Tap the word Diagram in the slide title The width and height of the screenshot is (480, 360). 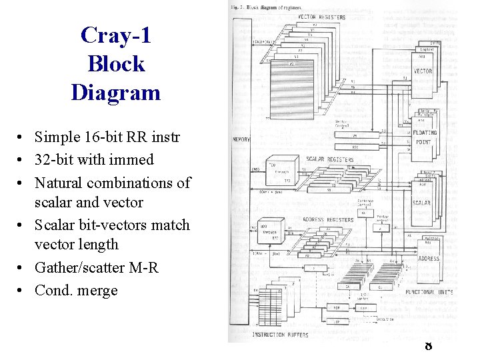[116, 92]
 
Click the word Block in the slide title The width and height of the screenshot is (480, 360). [116, 63]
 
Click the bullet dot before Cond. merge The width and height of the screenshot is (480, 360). [22, 291]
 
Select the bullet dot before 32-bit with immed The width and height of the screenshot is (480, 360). [22, 161]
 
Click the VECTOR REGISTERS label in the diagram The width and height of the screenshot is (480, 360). [322, 17]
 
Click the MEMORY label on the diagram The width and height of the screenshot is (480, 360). [241, 139]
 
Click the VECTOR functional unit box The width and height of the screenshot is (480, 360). [422, 71]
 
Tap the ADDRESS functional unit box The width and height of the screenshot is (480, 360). [428, 258]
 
